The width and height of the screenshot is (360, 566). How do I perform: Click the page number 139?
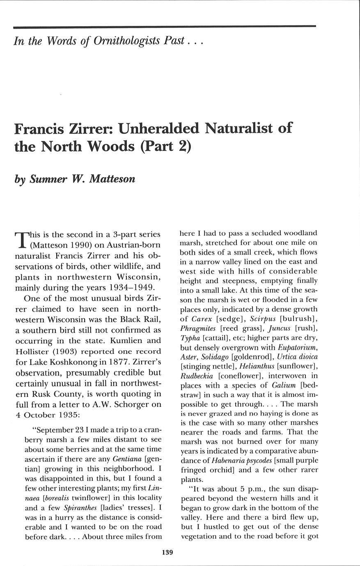click(x=167, y=552)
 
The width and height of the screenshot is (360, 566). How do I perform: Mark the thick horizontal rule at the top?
click(x=164, y=27)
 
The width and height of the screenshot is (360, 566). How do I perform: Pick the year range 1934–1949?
click(x=126, y=287)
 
